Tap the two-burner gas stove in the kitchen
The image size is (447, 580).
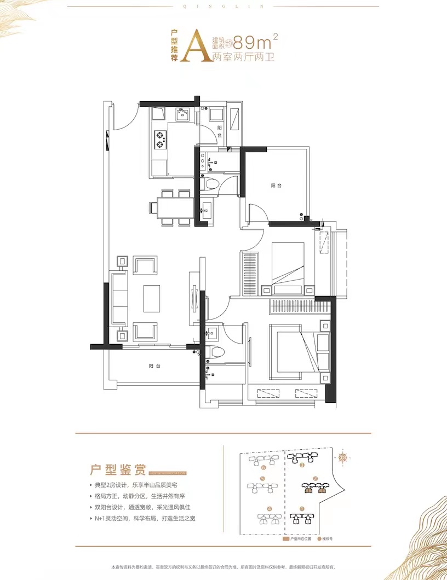click(x=160, y=140)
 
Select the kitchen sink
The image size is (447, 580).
click(x=182, y=114)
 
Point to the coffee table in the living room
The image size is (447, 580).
click(x=152, y=298)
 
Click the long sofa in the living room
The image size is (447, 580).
click(x=119, y=298)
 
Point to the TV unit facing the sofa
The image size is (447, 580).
click(x=193, y=298)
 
